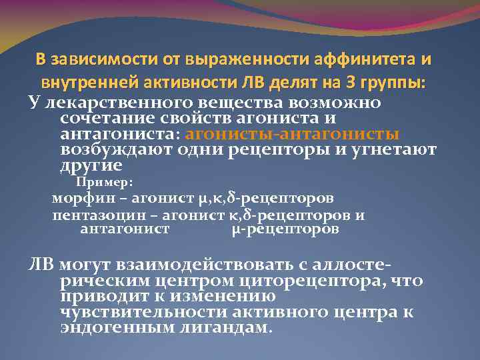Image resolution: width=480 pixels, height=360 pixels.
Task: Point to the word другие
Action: point(90,165)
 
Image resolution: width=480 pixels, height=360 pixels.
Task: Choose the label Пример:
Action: point(105,183)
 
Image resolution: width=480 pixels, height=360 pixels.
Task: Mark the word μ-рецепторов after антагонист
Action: point(285,229)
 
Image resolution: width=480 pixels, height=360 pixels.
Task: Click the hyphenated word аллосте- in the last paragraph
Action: point(349,264)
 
